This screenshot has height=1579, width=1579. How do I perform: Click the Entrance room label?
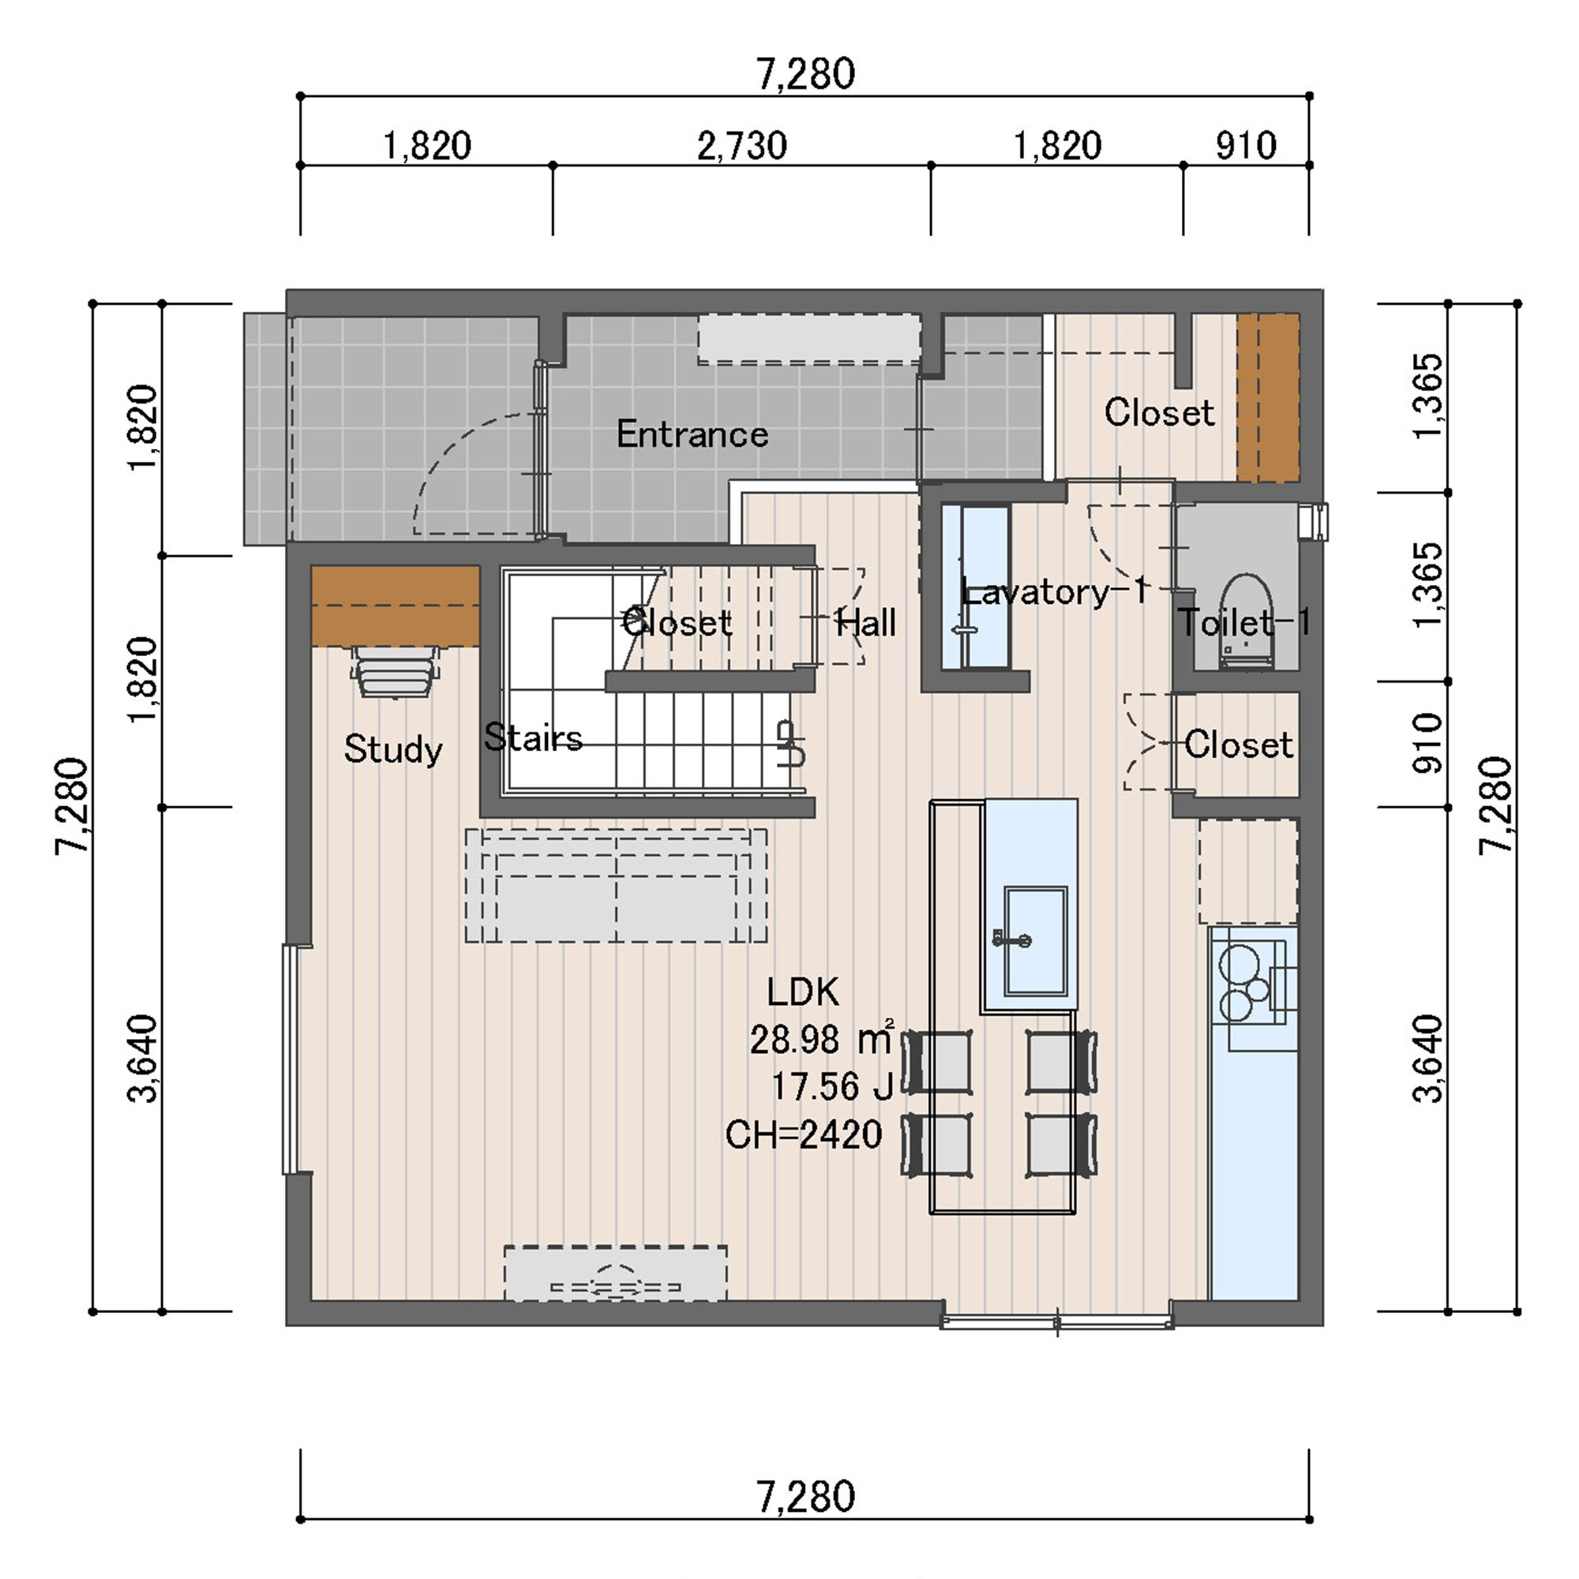pyautogui.click(x=692, y=434)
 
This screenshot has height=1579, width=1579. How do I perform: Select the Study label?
pyautogui.click(x=393, y=748)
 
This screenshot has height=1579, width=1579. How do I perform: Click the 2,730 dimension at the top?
pyautogui.click(x=742, y=146)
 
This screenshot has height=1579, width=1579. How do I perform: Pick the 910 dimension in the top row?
pyautogui.click(x=1246, y=146)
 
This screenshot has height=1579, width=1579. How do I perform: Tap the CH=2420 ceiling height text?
pyautogui.click(x=805, y=1135)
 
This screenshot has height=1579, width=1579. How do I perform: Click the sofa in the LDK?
pyautogui.click(x=617, y=886)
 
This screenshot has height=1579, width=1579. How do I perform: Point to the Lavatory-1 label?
pyautogui.click(x=1055, y=591)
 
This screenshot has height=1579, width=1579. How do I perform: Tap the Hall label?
pyautogui.click(x=865, y=624)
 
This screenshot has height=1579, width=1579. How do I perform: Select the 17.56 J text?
pyautogui.click(x=832, y=1088)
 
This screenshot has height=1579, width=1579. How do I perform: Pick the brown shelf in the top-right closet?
pyautogui.click(x=1268, y=398)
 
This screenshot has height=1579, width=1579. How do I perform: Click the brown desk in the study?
pyautogui.click(x=395, y=606)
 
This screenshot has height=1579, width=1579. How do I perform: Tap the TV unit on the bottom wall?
pyautogui.click(x=616, y=1273)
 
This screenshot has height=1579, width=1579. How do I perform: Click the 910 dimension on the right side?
pyautogui.click(x=1427, y=744)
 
